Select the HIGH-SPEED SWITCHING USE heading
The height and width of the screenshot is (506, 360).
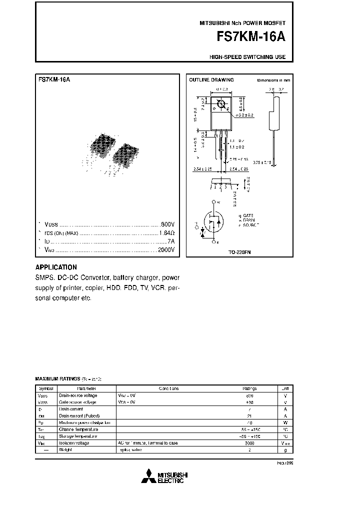(x=247, y=57)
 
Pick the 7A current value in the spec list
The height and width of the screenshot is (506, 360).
(x=170, y=241)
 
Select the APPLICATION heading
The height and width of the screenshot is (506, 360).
(x=56, y=267)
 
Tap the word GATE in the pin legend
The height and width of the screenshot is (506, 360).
(x=247, y=216)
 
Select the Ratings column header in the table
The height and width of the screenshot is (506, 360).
(x=250, y=388)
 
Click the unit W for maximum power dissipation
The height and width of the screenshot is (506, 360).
(x=284, y=422)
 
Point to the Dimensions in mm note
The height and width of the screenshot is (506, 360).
(x=273, y=80)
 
